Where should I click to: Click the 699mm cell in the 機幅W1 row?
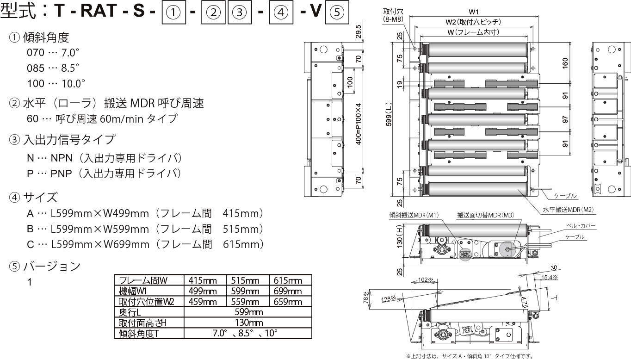coord(290,291)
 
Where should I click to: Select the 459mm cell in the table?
coord(205,302)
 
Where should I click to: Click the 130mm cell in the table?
coord(248,323)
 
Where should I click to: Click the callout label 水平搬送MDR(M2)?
coord(568,210)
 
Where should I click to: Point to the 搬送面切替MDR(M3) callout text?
coord(485,215)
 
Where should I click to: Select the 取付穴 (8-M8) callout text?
coord(394,15)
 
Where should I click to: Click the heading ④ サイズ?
coord(33,198)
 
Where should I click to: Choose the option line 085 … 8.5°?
coord(53,68)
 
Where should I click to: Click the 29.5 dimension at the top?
coord(358,31)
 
